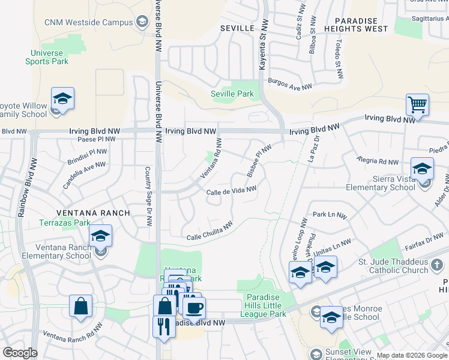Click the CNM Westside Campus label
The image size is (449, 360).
pos(88,23)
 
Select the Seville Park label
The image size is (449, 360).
pos(232,94)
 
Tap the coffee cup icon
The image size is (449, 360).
pos(194,307)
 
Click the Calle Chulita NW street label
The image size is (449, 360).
pos(209,232)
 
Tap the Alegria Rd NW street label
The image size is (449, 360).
pos(378,161)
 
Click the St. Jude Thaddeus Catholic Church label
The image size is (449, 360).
pos(394,265)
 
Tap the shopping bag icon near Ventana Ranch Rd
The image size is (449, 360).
pos(80,306)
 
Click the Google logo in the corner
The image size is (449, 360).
pos(20,353)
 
